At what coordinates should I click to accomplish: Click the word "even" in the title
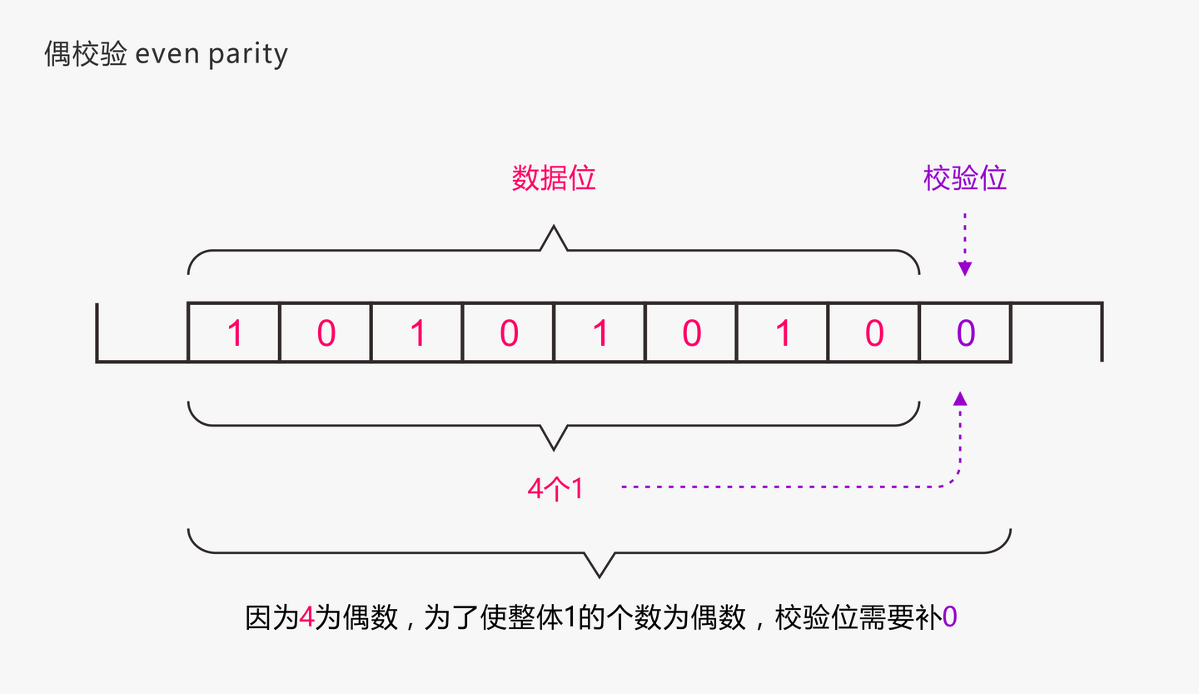167,55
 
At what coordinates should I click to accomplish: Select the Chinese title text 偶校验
86,55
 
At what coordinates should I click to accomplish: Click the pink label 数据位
554,178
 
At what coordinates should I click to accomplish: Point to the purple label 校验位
965,178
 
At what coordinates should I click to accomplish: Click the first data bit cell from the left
234,333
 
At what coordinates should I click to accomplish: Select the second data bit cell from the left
326,333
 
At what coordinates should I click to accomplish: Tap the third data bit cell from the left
417,333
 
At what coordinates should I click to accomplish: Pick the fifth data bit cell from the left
599,333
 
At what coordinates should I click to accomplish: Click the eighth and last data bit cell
873,333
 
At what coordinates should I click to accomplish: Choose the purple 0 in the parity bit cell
965,333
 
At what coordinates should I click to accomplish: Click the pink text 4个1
555,488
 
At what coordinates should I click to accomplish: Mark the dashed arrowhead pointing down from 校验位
964,269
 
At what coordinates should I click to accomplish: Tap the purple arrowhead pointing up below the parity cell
960,398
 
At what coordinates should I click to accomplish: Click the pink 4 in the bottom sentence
306,618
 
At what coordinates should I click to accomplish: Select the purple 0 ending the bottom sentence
950,618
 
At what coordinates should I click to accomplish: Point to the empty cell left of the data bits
142,333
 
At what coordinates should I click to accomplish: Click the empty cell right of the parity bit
1057,333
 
